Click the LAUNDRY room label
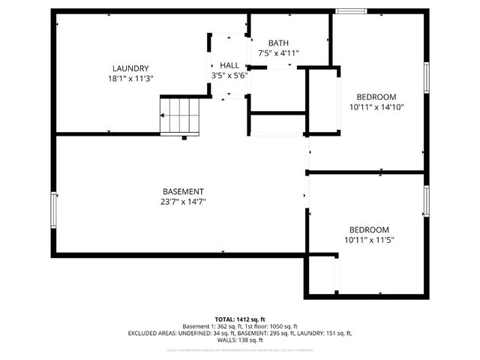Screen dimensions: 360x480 (x=130, y=67)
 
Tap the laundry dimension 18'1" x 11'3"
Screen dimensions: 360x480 (x=130, y=78)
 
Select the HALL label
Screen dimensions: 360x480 (x=229, y=65)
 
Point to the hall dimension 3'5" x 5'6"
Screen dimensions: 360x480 (x=229, y=75)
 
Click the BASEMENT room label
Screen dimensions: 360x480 (x=183, y=191)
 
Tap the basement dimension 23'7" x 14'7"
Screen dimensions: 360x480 (x=183, y=201)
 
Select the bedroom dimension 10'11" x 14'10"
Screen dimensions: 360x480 (x=376, y=107)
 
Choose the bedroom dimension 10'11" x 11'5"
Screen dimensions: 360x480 (x=369, y=240)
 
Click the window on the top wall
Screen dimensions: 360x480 (x=350, y=11)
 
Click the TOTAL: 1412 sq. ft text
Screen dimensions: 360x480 (x=240, y=319)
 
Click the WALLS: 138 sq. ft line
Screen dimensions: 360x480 (x=240, y=340)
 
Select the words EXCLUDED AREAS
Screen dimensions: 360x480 (x=154, y=333)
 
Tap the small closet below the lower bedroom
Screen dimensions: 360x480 (x=322, y=275)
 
